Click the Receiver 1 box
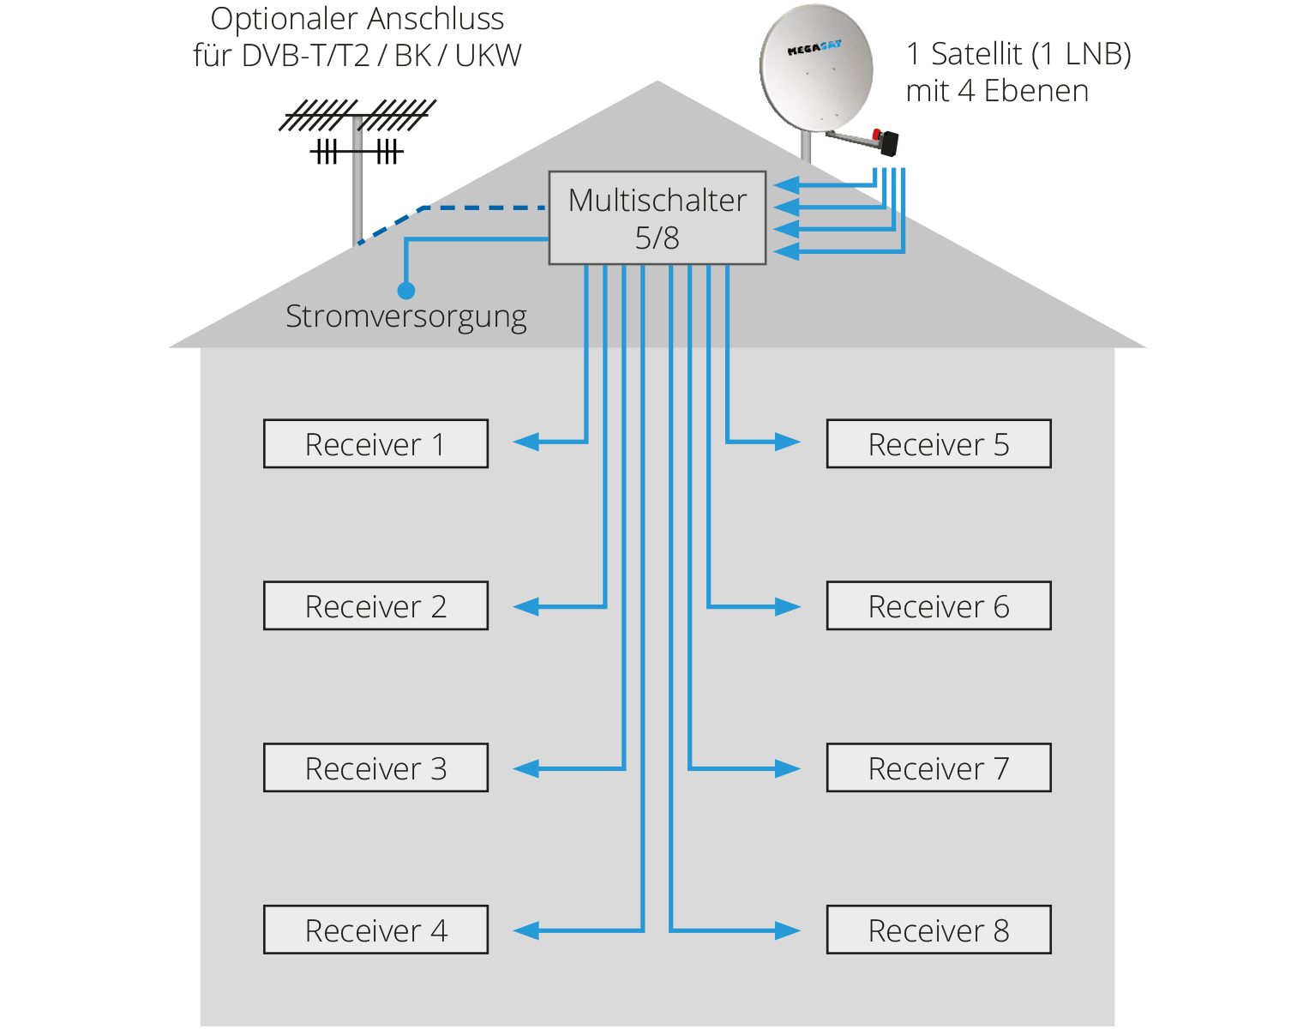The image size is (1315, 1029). [x=375, y=443]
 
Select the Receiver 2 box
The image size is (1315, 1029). [x=375, y=605]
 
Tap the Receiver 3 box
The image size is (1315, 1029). [x=375, y=767]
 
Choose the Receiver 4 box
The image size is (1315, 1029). [x=375, y=930]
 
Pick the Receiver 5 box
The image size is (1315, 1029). [x=939, y=443]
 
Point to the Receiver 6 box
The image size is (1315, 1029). [x=939, y=605]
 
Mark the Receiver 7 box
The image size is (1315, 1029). [x=939, y=767]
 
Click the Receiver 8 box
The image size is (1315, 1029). [x=939, y=930]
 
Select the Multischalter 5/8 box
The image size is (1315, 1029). [x=657, y=218]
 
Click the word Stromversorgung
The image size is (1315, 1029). [x=405, y=316]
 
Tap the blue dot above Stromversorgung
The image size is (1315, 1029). [x=406, y=291]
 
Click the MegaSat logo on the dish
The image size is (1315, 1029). [x=814, y=49]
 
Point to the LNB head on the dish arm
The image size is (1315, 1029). [x=887, y=141]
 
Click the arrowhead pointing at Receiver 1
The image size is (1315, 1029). [x=525, y=442]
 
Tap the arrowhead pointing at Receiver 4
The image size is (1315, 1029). [x=525, y=930]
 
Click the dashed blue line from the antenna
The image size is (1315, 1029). [x=480, y=208]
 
